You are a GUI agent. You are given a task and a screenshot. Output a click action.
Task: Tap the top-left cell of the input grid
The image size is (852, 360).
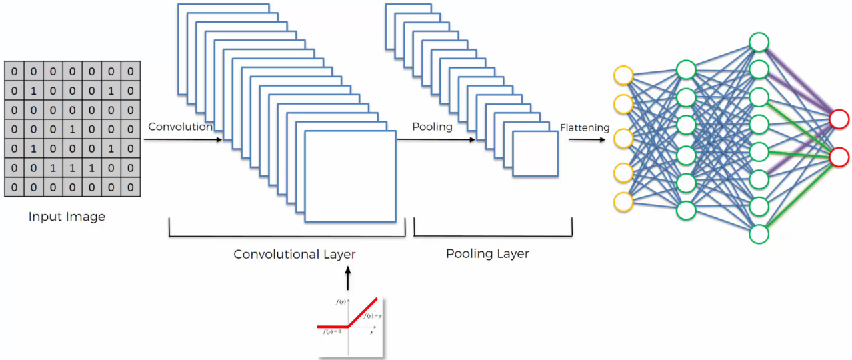[14, 71]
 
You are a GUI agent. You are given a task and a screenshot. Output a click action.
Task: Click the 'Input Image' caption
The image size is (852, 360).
[67, 217]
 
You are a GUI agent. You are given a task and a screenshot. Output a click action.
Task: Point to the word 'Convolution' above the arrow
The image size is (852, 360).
[180, 127]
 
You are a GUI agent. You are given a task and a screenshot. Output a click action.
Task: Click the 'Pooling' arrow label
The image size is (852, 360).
[432, 127]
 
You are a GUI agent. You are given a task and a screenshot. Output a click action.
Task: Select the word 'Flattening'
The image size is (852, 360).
[585, 127]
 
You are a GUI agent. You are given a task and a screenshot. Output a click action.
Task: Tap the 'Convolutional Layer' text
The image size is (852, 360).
[294, 254]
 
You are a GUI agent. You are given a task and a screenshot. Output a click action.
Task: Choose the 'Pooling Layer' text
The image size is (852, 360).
[487, 253]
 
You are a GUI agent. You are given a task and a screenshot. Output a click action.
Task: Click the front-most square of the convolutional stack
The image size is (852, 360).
[350, 177]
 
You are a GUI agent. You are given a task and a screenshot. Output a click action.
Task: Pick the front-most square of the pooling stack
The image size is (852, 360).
[535, 153]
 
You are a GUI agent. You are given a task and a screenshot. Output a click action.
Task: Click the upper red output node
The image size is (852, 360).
[839, 119]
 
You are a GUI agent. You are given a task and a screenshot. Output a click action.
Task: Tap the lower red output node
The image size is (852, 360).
[839, 157]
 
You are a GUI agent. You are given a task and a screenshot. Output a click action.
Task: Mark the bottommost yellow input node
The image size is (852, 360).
[623, 201]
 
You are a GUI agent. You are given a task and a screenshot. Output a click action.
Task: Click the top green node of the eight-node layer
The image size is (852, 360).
[759, 42]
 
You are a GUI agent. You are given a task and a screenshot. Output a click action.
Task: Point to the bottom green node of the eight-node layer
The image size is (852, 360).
[759, 234]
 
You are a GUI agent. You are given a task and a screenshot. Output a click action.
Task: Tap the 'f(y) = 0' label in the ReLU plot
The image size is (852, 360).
[331, 331]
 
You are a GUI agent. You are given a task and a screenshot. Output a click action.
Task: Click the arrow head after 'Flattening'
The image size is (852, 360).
[605, 140]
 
